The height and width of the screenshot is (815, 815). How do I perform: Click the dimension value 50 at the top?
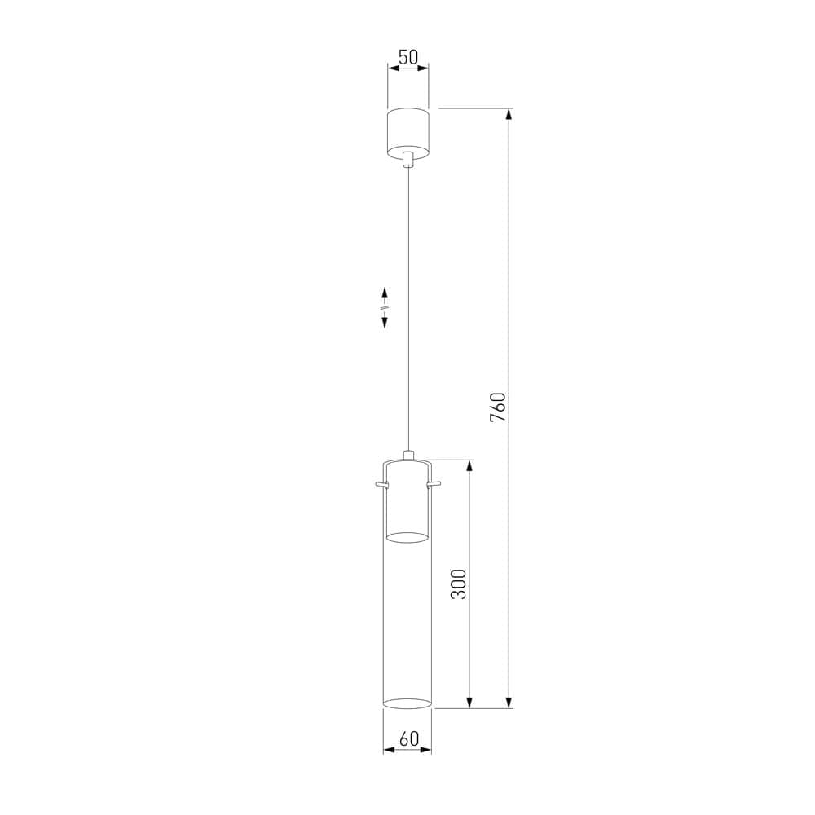[407, 57]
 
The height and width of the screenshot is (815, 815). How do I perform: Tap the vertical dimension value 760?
[498, 407]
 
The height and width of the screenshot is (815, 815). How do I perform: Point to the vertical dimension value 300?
[459, 584]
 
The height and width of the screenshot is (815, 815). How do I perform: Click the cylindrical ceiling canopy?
[407, 130]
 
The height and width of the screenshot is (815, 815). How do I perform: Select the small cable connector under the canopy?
[407, 160]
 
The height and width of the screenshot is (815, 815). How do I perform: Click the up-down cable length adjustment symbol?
[385, 307]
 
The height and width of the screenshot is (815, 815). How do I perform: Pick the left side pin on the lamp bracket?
[381, 486]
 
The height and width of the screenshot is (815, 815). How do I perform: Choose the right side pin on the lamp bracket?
[434, 486]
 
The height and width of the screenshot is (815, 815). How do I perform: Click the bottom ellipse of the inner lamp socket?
[407, 537]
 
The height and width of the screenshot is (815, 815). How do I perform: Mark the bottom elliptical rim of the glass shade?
[407, 702]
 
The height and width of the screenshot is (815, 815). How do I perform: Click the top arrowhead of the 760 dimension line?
[509, 115]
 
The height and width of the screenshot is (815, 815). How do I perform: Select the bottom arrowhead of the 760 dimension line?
[509, 702]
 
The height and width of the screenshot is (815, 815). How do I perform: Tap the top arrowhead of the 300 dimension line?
[469, 467]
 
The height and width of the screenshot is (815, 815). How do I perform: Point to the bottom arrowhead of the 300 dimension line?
[469, 702]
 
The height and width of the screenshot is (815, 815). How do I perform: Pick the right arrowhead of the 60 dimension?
[426, 750]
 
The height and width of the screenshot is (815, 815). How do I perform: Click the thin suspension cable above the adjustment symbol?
[407, 228]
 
